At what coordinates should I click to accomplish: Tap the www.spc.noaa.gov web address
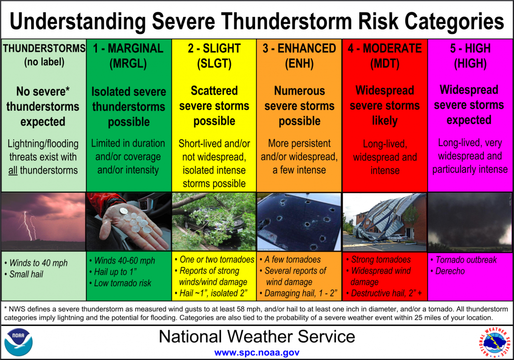pyautogui.click(x=257, y=353)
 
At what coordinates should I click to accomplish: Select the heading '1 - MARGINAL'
pyautogui.click(x=128, y=48)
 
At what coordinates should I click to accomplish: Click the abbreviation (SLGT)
pyautogui.click(x=214, y=64)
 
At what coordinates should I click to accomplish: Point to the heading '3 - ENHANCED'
pyautogui.click(x=300, y=48)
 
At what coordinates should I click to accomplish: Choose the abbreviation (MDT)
pyautogui.click(x=385, y=64)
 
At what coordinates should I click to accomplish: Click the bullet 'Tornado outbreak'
pyautogui.click(x=466, y=260)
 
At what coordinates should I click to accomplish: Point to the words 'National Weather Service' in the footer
pyautogui.click(x=257, y=337)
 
